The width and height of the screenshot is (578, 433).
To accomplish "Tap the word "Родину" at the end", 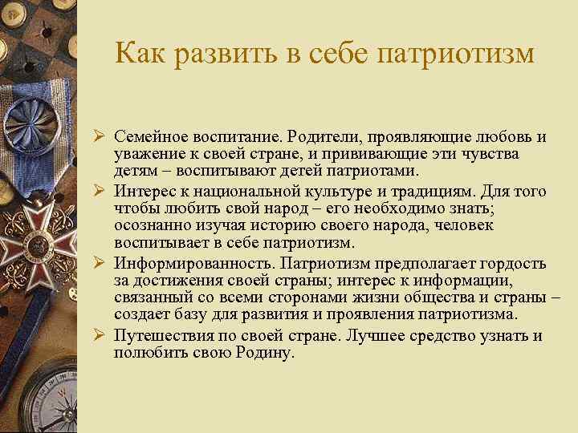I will pyautogui.click(x=266, y=353).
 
